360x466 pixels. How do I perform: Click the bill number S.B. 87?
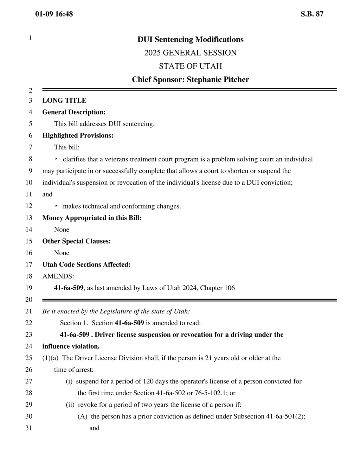pos(312,14)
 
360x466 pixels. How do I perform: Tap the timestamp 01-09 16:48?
pos(54,14)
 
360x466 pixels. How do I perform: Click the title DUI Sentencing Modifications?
pos(190,39)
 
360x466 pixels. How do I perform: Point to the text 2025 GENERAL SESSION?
pos(190,53)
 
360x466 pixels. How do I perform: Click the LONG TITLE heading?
pos(64,101)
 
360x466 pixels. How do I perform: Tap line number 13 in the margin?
pos(29,218)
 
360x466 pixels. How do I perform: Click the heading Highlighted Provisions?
pos(78,135)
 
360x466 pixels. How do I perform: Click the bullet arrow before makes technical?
pos(56,206)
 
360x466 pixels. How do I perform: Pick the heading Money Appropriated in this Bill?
pos(92,218)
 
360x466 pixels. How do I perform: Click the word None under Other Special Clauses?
pos(62,253)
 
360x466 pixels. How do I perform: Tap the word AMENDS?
pos(58,276)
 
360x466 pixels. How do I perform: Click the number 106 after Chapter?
pos(229,288)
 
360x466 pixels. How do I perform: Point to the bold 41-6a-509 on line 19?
pos(69,288)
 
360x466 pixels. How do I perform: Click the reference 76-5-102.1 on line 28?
pos(211,393)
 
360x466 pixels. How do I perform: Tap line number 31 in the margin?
pos(29,428)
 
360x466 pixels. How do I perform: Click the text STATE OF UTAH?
pos(190,66)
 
